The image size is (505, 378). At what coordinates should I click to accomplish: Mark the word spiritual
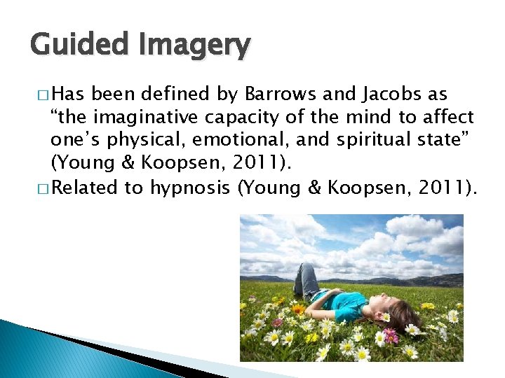coord(373,140)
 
